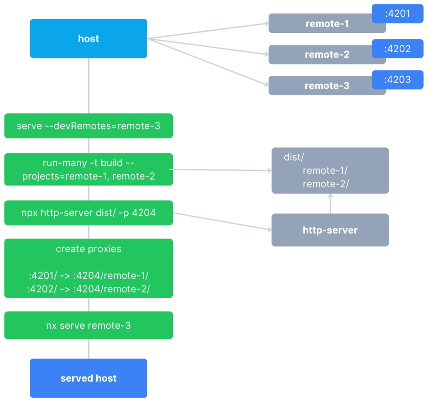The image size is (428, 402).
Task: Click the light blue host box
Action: coord(88,39)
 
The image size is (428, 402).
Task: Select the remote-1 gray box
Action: coord(320,24)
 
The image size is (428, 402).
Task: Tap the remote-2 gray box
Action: coord(320,55)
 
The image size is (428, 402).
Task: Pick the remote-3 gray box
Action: coord(320,86)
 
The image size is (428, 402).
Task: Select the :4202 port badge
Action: coord(398,49)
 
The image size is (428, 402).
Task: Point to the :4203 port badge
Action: coord(398,80)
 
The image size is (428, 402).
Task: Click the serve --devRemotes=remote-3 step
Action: coord(88,126)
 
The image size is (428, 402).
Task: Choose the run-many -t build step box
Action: coord(88,170)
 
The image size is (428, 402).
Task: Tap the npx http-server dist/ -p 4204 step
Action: coord(88,213)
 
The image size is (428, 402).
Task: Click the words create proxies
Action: coord(88,249)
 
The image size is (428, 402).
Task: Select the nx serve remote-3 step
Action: coord(88,325)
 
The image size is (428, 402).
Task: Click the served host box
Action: coord(88,378)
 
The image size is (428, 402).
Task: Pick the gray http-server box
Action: coord(330,230)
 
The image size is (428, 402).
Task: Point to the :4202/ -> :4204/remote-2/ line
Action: coord(88,289)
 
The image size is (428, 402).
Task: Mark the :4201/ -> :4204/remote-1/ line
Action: coord(88,276)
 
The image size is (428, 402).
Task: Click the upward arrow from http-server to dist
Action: coord(330,204)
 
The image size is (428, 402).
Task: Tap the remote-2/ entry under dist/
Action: coord(325,184)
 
